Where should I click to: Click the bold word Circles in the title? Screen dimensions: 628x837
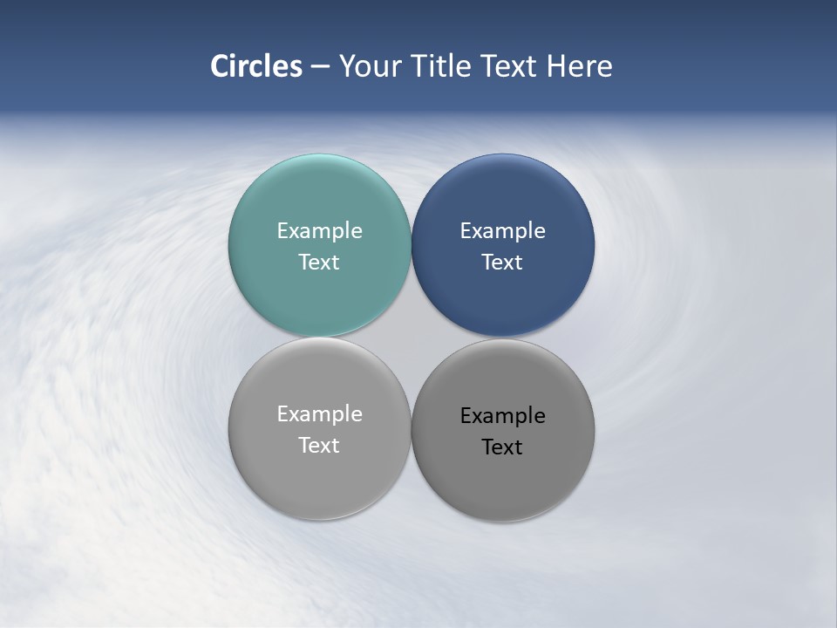pos(256,66)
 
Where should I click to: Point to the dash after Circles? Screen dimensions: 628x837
pos(320,67)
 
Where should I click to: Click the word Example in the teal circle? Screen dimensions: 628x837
pos(319,231)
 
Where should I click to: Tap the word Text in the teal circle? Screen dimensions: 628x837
pos(319,263)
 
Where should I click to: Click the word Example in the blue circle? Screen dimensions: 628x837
pos(502,231)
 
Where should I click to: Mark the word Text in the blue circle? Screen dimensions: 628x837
pos(502,263)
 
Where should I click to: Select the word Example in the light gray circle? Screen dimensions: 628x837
pos(319,414)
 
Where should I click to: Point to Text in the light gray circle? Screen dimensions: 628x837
pos(319,446)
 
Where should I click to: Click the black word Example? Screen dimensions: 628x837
pos(502,416)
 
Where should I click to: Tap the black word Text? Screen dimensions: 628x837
pos(502,447)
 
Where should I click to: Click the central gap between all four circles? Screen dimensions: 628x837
pos(411,337)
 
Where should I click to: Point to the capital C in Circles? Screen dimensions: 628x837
pos(221,66)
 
